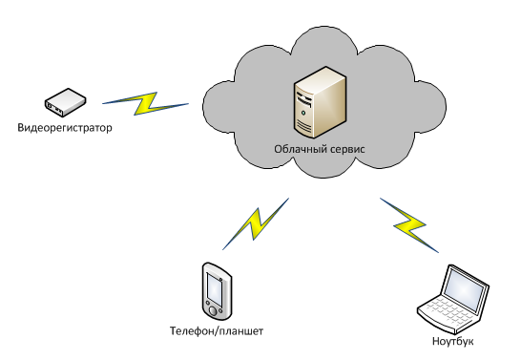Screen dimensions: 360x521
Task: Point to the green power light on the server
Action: tap(303, 112)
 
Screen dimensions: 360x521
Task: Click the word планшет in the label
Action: tap(241, 331)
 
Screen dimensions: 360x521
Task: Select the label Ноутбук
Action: tap(452, 341)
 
